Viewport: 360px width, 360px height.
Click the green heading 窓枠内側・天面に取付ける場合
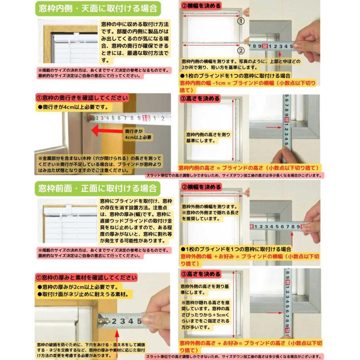pyautogui.click(x=98, y=8)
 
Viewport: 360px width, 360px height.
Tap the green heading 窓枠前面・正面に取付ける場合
pyautogui.click(x=98, y=188)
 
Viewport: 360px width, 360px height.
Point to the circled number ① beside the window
pyautogui.click(x=241, y=20)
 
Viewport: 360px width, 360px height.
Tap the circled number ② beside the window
pyautogui.click(x=241, y=51)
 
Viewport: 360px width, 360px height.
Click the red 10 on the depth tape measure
pyautogui.click(x=146, y=118)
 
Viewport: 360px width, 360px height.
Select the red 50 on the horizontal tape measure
pyautogui.click(x=265, y=46)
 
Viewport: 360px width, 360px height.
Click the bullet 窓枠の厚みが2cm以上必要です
pyautogui.click(x=78, y=287)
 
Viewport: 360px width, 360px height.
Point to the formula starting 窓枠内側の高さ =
pyautogui.click(x=248, y=168)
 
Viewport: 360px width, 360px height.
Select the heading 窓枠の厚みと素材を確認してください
pyautogui.click(x=86, y=278)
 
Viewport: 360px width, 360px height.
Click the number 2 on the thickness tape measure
pyautogui.click(x=114, y=321)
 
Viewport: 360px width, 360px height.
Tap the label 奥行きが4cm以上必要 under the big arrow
pyautogui.click(x=138, y=134)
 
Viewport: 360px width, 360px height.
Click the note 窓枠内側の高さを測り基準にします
pyautogui.click(x=208, y=138)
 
